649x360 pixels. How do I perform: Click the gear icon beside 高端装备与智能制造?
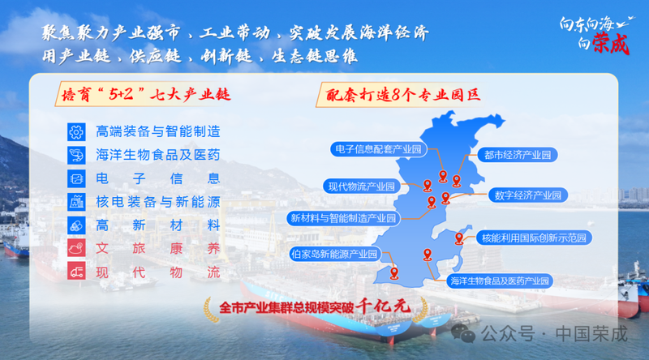pyautogui.click(x=76, y=132)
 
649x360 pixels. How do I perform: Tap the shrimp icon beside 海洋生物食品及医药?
pyautogui.click(x=76, y=155)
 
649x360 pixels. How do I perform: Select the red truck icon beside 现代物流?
pyautogui.click(x=76, y=272)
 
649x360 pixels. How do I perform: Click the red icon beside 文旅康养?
pyautogui.click(x=76, y=248)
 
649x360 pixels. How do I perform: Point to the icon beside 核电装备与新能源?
pyautogui.click(x=76, y=202)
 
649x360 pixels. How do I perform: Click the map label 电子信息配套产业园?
pyautogui.click(x=378, y=149)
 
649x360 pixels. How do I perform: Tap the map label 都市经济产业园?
pyautogui.click(x=518, y=155)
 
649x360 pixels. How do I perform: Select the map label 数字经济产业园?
pyautogui.click(x=528, y=195)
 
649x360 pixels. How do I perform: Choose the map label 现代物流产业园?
pyautogui.click(x=362, y=186)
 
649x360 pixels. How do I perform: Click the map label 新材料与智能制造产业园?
pyautogui.click(x=343, y=218)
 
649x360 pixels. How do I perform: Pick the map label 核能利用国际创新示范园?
pyautogui.click(x=534, y=238)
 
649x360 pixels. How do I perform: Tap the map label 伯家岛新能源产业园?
pyautogui.click(x=334, y=254)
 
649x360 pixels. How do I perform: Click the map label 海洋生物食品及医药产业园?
pyautogui.click(x=500, y=281)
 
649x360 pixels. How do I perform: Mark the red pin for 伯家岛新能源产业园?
pyautogui.click(x=394, y=273)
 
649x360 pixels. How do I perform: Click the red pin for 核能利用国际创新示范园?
pyautogui.click(x=459, y=238)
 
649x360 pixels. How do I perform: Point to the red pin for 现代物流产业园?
pyautogui.click(x=428, y=186)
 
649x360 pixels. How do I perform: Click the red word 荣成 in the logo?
pyautogui.click(x=611, y=44)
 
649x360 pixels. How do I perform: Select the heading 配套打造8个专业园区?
pyautogui.click(x=402, y=95)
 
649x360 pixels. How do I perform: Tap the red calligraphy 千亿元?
pyautogui.click(x=384, y=306)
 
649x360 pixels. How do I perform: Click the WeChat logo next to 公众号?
pyautogui.click(x=463, y=333)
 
